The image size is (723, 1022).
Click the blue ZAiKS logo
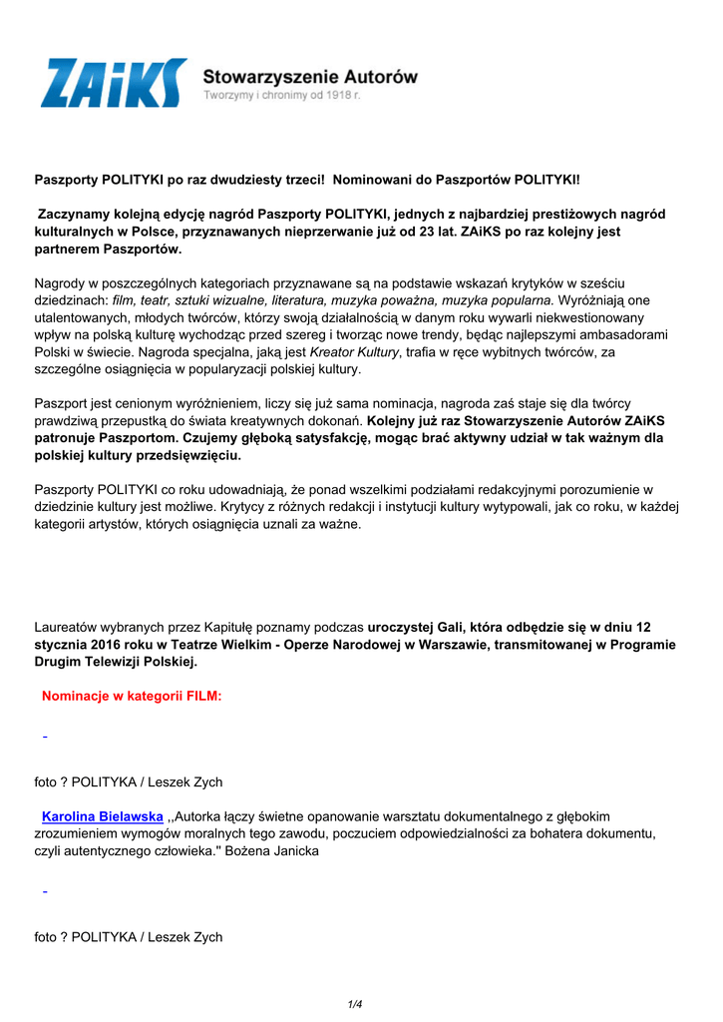[113, 84]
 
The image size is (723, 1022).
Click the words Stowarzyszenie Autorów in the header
[310, 76]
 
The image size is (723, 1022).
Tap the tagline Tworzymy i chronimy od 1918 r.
[282, 95]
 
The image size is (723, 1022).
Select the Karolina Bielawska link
[102, 816]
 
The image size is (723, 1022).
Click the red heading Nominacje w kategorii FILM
[132, 697]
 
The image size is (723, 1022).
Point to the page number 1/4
[355, 1004]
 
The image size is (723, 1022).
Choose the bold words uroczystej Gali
[412, 628]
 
